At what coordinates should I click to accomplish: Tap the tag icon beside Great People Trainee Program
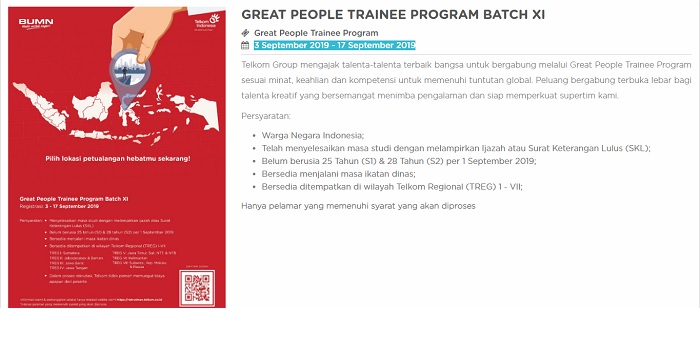(x=246, y=33)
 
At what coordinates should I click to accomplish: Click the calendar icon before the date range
(x=246, y=45)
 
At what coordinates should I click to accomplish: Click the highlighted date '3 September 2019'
(x=293, y=45)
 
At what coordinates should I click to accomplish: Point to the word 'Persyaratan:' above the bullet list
(x=266, y=116)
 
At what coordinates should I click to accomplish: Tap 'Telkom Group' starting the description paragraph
(x=270, y=65)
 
